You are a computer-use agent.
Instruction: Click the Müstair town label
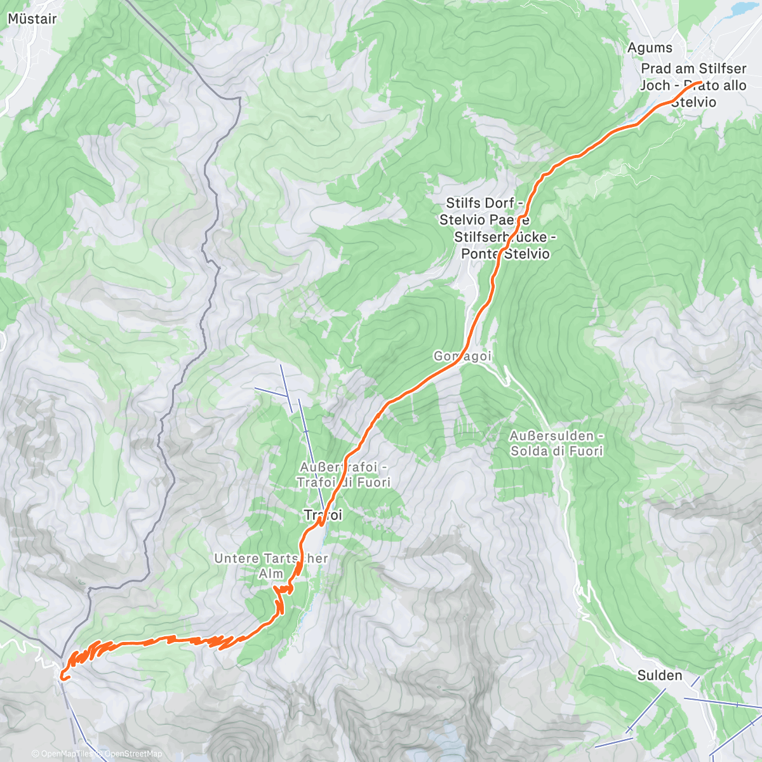click(32, 18)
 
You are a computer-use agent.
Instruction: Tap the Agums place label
click(650, 48)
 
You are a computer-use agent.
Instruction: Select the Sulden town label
click(660, 676)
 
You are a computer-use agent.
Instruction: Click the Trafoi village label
click(323, 515)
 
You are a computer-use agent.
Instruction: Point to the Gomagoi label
click(463, 356)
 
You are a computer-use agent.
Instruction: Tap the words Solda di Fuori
click(557, 451)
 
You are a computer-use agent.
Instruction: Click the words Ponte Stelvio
click(505, 253)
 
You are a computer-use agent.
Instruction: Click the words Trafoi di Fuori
click(344, 482)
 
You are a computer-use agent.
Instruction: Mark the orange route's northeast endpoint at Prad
click(700, 83)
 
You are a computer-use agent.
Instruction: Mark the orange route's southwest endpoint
click(62, 678)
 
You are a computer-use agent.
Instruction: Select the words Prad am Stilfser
click(693, 69)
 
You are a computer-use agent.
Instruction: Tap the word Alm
click(271, 573)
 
